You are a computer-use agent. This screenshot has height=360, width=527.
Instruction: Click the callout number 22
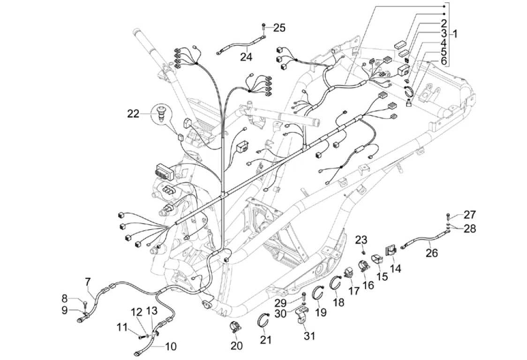pos(133,113)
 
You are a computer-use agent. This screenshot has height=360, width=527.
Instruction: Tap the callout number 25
pos(279,28)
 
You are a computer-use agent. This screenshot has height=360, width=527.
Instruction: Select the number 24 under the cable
pos(246,57)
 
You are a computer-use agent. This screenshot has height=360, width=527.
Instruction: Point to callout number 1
pos(455,34)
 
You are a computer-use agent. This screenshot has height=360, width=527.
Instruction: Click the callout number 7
pos(87,282)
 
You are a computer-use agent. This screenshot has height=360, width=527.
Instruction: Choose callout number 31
pos(309,336)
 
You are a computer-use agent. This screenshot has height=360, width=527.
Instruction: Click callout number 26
pos(431,253)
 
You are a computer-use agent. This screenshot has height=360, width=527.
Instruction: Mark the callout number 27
pos(470,215)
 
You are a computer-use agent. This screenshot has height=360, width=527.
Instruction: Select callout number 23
pos(361,240)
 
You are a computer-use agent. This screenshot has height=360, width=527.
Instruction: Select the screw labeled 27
pos(449,216)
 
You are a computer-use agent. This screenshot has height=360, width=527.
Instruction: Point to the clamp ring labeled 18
pos(335,283)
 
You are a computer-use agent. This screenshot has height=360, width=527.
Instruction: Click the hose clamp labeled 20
pos(234,327)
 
